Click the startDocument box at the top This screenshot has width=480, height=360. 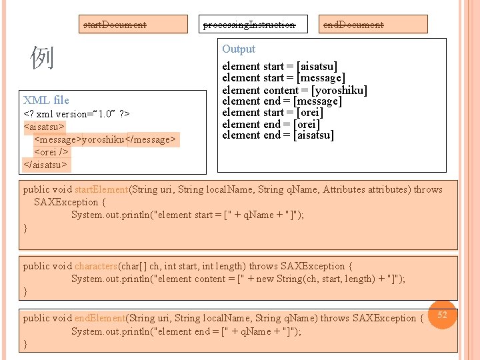[x=114, y=25]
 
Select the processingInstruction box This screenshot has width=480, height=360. [x=249, y=25]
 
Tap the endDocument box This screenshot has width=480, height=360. [x=353, y=25]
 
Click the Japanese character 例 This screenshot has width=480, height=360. [x=42, y=59]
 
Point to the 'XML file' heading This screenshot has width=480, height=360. [x=46, y=100]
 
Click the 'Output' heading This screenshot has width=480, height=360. [x=239, y=49]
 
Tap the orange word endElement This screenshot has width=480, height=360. [x=99, y=318]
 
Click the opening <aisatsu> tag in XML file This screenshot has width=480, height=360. [x=44, y=126]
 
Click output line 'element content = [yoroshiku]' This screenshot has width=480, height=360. [x=295, y=89]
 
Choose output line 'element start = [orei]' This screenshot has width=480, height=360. [x=273, y=112]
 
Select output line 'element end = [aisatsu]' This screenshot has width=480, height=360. [x=278, y=135]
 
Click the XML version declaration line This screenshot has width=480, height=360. [x=77, y=114]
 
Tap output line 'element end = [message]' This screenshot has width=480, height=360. [x=281, y=101]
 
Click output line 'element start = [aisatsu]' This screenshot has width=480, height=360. [x=280, y=66]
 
